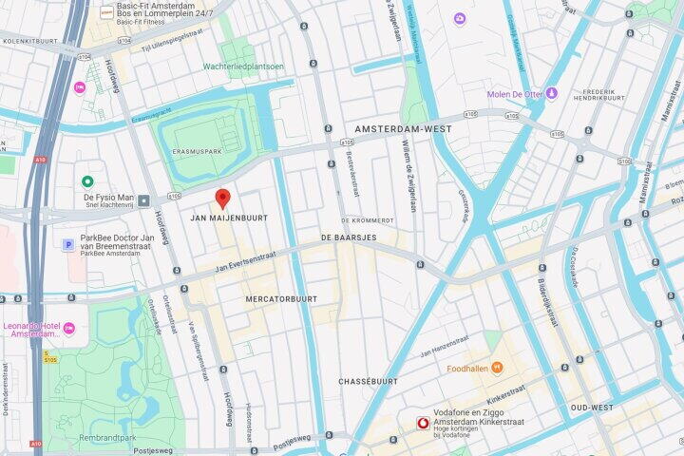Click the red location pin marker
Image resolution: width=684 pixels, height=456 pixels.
(x=222, y=198)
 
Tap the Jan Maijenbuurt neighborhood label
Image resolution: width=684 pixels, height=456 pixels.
(x=229, y=218)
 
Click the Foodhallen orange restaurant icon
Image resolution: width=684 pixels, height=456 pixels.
(x=497, y=368)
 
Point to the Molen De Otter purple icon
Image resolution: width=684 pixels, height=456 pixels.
(x=551, y=93)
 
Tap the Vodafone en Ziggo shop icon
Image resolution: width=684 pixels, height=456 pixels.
(x=423, y=423)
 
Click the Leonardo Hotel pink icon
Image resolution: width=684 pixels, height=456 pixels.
(x=69, y=329)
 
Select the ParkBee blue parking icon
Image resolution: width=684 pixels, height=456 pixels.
(x=67, y=244)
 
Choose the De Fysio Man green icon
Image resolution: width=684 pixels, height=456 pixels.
(x=87, y=181)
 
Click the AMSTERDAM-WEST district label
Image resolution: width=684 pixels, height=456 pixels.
(x=403, y=128)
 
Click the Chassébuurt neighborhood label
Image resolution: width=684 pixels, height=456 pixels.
(x=367, y=381)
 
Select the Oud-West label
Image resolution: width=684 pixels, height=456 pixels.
(x=590, y=408)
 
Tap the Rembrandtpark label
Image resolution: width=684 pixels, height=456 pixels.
(x=106, y=438)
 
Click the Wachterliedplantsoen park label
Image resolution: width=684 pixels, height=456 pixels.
(x=243, y=66)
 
